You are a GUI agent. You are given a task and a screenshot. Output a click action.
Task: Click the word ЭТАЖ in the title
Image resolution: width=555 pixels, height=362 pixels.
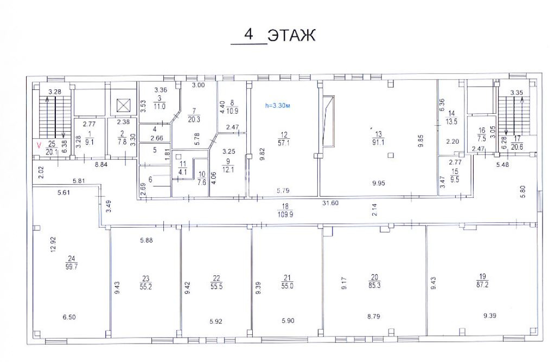(x=291, y=35)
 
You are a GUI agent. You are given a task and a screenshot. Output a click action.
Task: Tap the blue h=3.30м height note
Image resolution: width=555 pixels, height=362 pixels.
(x=278, y=105)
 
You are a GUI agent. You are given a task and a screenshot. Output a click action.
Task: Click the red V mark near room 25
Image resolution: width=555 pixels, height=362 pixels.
(x=39, y=145)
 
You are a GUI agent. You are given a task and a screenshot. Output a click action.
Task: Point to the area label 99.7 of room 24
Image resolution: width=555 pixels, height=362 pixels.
(x=72, y=267)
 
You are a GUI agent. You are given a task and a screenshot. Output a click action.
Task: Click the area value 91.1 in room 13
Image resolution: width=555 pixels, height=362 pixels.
(x=378, y=142)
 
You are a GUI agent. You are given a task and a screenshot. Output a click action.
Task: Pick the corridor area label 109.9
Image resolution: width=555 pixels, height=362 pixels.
(x=285, y=214)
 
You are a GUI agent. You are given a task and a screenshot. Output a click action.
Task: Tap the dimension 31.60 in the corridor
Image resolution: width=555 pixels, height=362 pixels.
(x=330, y=203)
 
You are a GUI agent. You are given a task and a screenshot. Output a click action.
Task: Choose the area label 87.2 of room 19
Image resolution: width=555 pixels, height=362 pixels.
(x=482, y=284)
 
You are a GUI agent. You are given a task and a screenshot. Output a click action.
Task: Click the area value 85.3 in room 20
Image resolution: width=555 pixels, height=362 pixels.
(x=374, y=285)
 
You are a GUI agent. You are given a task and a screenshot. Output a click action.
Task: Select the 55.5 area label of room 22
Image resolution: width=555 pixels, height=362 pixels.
(x=216, y=286)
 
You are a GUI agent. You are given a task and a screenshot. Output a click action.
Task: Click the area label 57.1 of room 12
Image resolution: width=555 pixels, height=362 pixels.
(x=284, y=143)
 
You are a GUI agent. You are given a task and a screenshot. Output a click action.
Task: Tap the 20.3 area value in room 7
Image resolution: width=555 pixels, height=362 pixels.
(x=194, y=119)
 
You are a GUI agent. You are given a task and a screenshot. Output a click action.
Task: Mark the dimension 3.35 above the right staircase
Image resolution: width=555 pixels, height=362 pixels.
(x=516, y=93)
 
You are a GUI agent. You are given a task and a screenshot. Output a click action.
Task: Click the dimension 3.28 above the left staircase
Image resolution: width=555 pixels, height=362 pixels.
(x=55, y=92)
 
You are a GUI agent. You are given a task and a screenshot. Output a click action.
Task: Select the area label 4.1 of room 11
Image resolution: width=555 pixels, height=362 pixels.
(x=182, y=172)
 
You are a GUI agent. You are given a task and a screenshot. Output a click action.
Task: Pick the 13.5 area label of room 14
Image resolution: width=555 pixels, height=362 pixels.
(x=451, y=121)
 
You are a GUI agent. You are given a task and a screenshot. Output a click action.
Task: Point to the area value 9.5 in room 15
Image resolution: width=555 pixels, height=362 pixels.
(x=455, y=179)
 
